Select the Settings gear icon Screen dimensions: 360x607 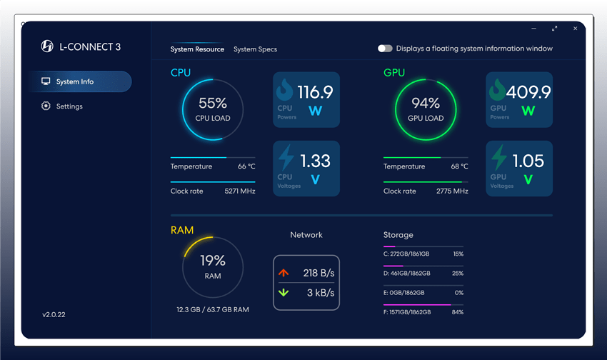coord(46,106)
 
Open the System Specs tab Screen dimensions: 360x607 coord(255,49)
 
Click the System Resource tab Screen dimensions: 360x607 coord(197,49)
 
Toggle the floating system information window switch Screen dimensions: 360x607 coord(385,49)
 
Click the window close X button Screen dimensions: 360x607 coord(575,29)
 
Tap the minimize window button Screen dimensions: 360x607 coord(534,29)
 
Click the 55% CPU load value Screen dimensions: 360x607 coord(213,104)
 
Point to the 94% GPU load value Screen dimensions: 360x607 coord(426,104)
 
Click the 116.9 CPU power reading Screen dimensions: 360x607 coord(315,92)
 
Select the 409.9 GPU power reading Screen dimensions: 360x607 coord(528,92)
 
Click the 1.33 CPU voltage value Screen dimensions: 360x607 coord(315,161)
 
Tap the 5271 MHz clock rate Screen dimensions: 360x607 coord(239,191)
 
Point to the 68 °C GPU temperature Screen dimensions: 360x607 coord(459,166)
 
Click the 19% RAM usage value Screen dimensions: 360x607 coord(213,261)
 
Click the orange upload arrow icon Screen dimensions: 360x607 coord(284,273)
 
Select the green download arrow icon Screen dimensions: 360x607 coord(284,293)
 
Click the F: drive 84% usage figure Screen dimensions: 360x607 coord(458,312)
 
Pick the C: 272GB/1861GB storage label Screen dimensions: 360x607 coord(406,254)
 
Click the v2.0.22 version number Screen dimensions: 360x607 coord(54,314)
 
